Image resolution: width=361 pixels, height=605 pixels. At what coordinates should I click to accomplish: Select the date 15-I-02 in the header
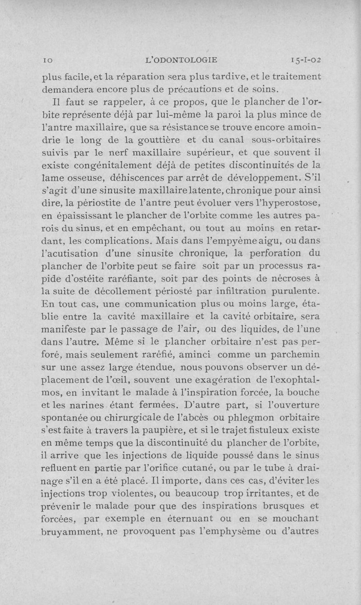point(305,59)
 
